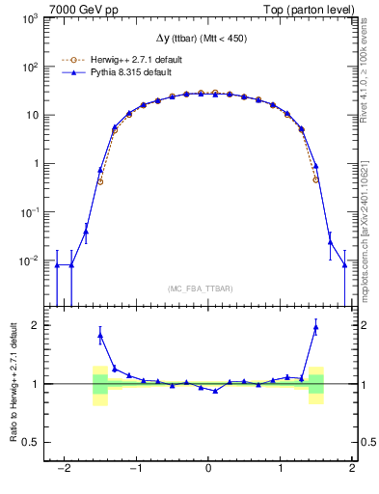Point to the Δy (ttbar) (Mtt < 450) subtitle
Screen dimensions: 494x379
tap(208, 39)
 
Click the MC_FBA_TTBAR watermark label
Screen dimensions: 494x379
tap(208, 288)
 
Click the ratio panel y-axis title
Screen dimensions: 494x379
tap(13, 383)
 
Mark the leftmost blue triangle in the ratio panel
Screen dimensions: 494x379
tap(100, 336)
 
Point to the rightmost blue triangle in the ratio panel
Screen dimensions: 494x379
tap(315, 327)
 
